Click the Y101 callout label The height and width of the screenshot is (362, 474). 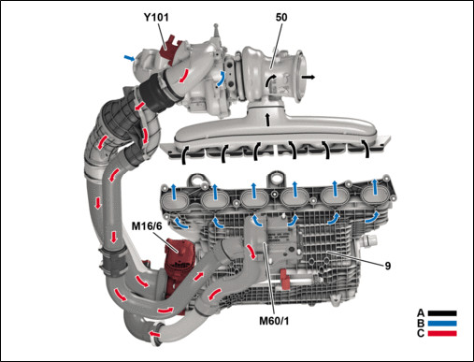click(156, 17)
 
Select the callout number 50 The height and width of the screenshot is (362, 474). click(281, 18)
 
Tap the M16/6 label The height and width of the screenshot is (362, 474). click(147, 226)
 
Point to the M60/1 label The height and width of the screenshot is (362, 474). click(274, 321)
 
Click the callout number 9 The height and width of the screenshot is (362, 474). click(388, 266)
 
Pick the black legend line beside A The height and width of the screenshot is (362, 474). click(442, 313)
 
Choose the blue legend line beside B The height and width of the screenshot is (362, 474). click(442, 324)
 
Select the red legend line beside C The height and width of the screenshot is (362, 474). click(442, 333)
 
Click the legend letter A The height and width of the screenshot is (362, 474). click(421, 313)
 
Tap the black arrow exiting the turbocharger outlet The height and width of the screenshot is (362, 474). click(309, 78)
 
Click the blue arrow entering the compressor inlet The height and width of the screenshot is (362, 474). click(129, 58)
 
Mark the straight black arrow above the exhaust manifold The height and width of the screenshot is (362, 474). click(267, 120)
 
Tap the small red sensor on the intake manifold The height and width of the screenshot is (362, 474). click(284, 278)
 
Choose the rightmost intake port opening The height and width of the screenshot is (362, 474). click(374, 196)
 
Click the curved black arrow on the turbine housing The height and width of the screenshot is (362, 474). click(270, 80)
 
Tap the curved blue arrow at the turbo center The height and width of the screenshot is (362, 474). click(221, 79)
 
